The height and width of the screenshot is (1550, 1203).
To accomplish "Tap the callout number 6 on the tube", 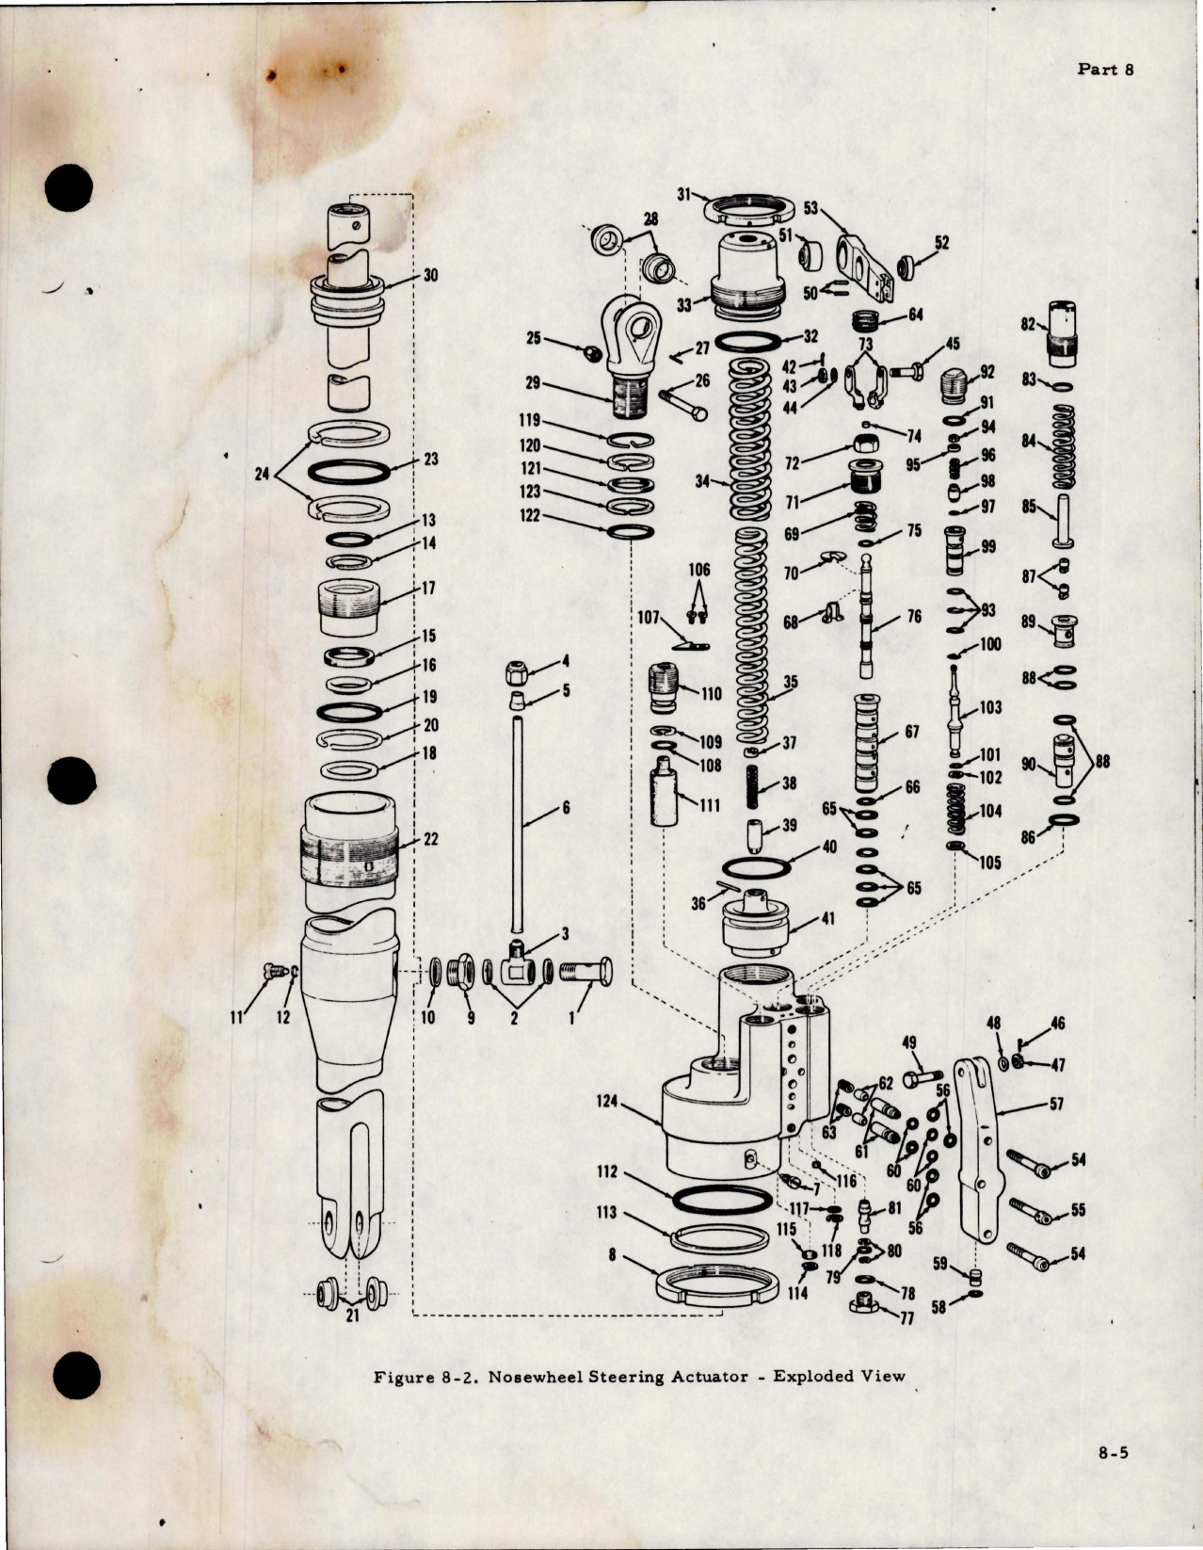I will (565, 807).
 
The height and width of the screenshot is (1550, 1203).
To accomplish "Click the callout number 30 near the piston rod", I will (430, 276).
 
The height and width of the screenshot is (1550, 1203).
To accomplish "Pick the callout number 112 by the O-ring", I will (606, 1171).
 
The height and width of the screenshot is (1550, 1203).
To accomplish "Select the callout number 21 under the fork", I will (351, 1316).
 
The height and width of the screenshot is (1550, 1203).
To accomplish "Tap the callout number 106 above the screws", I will (699, 570).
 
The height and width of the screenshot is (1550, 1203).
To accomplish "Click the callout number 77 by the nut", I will (907, 1318).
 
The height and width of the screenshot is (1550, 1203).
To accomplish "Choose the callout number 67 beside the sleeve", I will (911, 733).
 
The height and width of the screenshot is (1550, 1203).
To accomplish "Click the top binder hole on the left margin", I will (71, 192).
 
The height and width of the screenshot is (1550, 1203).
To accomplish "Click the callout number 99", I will (987, 547).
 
